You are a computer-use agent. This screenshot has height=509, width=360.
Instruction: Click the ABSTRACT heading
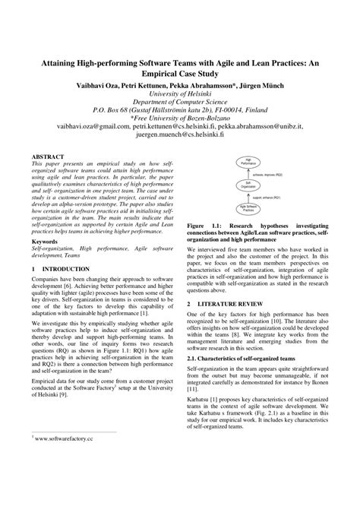tap(49, 155)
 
